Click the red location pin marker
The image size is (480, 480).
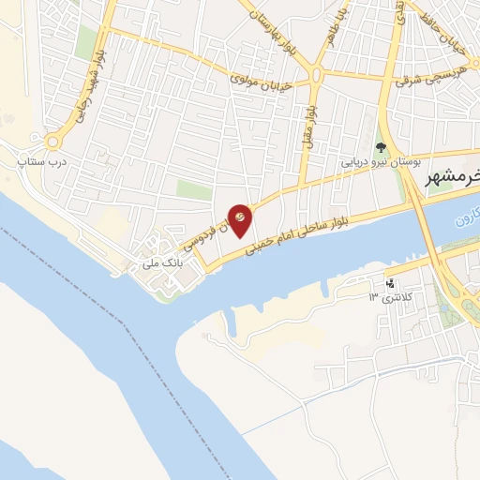(241, 217)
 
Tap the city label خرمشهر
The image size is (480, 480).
(451, 179)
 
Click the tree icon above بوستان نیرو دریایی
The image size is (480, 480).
(380, 147)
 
